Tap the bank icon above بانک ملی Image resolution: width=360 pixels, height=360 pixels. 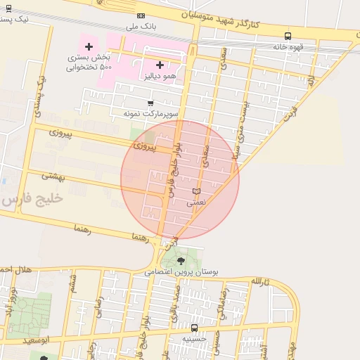141,15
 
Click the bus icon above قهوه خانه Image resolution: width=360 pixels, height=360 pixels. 288,36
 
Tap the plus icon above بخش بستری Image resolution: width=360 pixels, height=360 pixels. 89,46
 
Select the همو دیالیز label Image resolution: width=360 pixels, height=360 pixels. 159,75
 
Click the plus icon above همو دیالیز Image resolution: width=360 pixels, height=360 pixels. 160,65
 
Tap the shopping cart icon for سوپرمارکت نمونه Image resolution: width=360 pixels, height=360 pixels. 150,103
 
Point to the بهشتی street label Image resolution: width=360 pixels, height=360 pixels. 53,176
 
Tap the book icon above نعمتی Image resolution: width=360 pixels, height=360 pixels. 196,191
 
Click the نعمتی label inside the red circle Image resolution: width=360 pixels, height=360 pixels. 196,202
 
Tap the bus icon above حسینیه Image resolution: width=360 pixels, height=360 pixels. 195,328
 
